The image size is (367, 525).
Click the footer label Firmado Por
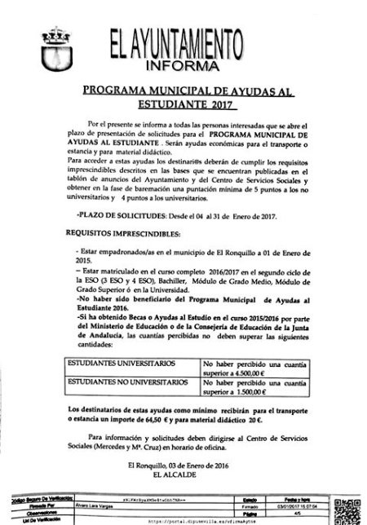(29, 505)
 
